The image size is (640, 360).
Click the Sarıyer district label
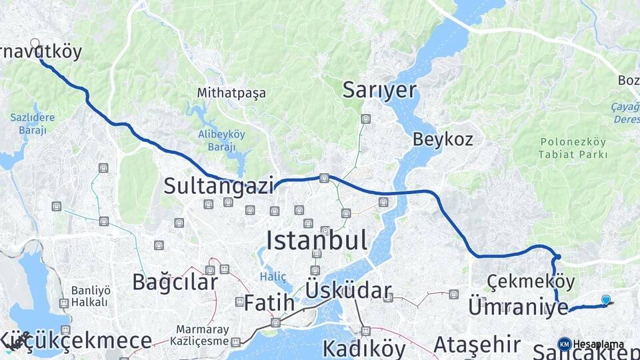pyautogui.click(x=379, y=91)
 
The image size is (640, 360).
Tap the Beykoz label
pyautogui.click(x=443, y=139)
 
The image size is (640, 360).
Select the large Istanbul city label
pyautogui.click(x=317, y=240)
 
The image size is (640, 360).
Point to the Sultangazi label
pyautogui.click(x=219, y=185)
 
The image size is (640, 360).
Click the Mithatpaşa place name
pyautogui.click(x=231, y=93)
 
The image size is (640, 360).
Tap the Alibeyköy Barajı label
pyautogui.click(x=221, y=139)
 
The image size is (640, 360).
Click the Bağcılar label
pyautogui.click(x=175, y=282)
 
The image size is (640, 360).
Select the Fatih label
pyautogui.click(x=269, y=303)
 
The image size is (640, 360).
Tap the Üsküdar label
pyautogui.click(x=348, y=291)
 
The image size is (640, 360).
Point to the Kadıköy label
pyautogui.click(x=363, y=348)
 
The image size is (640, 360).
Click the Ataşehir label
pyautogui.click(x=477, y=345)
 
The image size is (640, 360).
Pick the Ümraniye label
pyautogui.click(x=518, y=307)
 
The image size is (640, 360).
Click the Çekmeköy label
pyautogui.click(x=531, y=281)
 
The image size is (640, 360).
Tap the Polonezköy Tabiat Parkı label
pyautogui.click(x=573, y=148)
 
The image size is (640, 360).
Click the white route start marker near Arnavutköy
pyautogui.click(x=35, y=43)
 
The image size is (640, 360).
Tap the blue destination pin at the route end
pyautogui.click(x=605, y=300)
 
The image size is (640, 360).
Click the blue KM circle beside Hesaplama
pyautogui.click(x=564, y=344)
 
